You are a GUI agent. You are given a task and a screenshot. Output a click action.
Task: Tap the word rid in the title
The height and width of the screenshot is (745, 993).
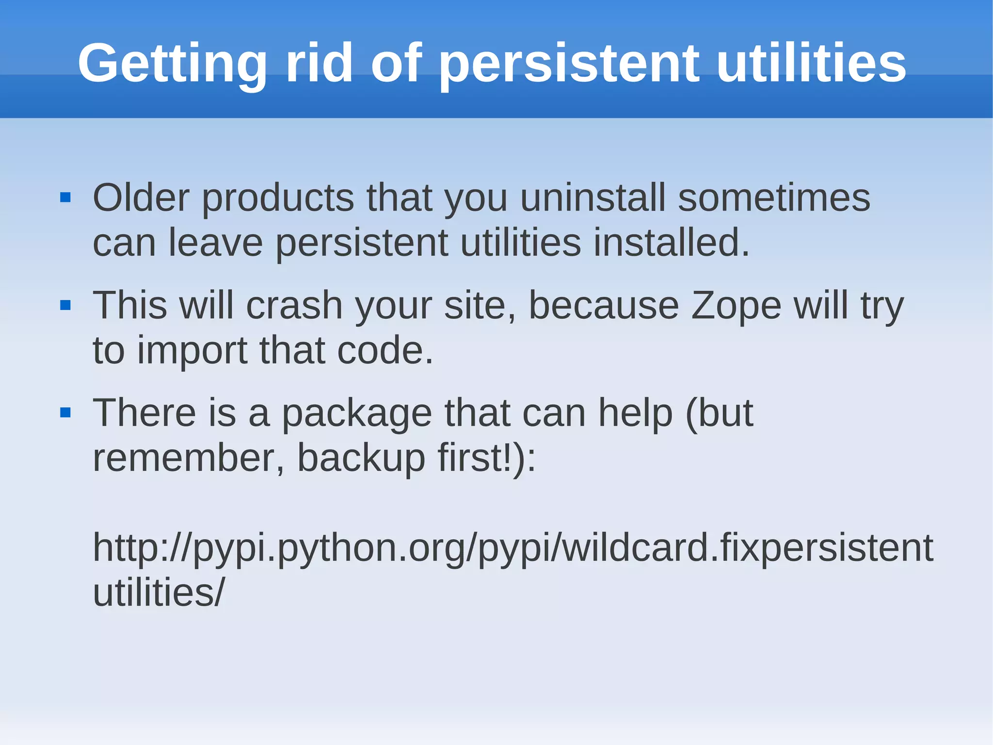[319, 63]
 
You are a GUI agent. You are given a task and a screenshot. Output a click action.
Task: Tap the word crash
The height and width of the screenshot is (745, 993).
[294, 306]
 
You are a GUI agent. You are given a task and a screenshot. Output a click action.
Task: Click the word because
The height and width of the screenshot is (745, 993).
[604, 306]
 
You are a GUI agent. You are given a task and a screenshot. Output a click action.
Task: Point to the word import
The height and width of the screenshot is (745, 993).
[192, 351]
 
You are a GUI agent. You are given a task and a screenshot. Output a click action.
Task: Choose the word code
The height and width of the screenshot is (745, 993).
[385, 350]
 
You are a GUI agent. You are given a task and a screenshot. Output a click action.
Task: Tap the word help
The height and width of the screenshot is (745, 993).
[635, 414]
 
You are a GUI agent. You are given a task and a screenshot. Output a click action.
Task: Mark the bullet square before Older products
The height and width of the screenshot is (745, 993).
[65, 198]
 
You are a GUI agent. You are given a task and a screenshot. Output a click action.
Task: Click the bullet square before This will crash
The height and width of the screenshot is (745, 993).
[65, 306]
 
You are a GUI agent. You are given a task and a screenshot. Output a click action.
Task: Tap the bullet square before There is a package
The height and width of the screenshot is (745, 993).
[65, 414]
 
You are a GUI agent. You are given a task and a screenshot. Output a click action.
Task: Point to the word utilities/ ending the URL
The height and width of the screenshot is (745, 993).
[159, 593]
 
